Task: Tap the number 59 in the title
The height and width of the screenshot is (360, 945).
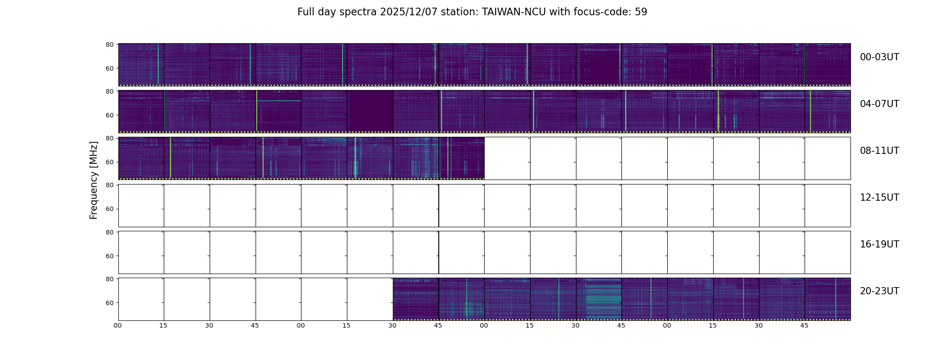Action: [641, 12]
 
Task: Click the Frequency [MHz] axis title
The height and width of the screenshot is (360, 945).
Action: [94, 180]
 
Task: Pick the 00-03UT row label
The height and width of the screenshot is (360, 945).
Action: [879, 57]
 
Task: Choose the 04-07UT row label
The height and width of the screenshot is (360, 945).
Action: [879, 104]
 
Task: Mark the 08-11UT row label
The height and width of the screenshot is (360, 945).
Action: [879, 151]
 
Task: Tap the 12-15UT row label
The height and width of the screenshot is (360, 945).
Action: [879, 198]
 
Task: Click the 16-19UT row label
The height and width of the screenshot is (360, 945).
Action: [879, 244]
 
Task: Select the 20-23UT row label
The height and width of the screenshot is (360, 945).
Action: [879, 291]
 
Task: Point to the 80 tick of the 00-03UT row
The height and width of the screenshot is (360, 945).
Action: [109, 45]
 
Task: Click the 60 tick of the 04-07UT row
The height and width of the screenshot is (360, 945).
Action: [109, 115]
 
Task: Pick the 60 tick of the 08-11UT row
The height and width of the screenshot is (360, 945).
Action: [109, 162]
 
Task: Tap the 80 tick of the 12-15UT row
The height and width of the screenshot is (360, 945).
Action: [109, 185]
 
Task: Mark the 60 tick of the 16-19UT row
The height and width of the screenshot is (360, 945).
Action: [109, 256]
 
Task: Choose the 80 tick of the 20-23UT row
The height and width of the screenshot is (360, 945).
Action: [109, 279]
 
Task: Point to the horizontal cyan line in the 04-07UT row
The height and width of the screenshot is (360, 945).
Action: [279, 101]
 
